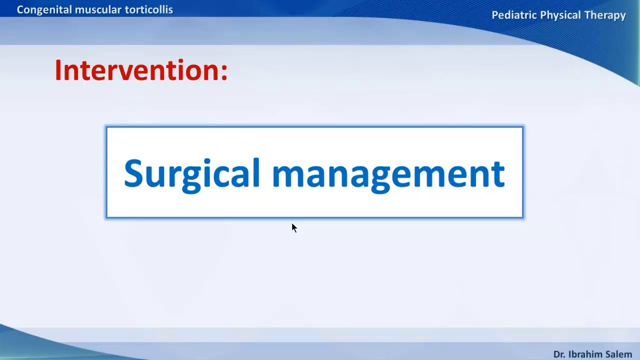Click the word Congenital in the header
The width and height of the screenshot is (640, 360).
pos(44,10)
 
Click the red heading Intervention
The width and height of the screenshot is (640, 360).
pos(137,70)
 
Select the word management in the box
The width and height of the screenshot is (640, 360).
pos(388,173)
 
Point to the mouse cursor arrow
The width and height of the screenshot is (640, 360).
pos(293,227)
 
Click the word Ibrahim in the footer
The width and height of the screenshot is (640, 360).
pos(585,354)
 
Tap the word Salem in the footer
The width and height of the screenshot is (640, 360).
pos(619,354)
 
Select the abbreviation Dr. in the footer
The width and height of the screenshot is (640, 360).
pos(559,354)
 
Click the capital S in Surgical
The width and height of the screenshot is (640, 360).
pos(132,173)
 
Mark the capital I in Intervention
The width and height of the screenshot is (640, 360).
pos(58,70)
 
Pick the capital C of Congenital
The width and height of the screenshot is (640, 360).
pos(20,10)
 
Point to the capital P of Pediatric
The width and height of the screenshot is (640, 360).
pos(495,15)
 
